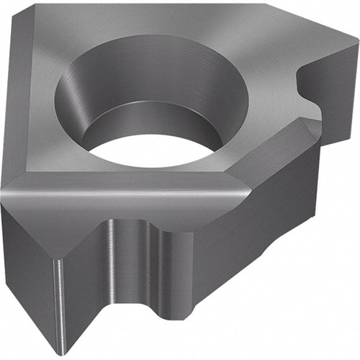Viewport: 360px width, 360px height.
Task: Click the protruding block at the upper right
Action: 328,79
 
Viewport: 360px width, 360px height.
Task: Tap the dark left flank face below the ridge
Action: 25,252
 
